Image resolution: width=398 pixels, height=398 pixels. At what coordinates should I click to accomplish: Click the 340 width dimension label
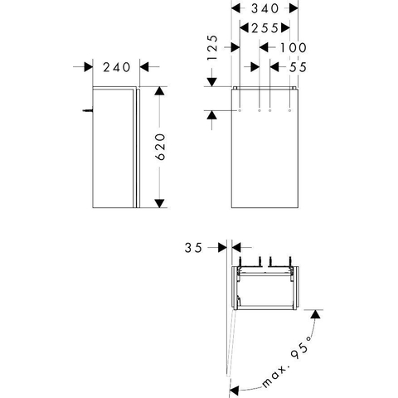pyautogui.click(x=265, y=8)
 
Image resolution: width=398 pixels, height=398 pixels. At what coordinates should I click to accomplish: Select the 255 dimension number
pyautogui.click(x=265, y=28)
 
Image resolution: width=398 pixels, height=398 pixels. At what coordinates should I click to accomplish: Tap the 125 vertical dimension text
pyautogui.click(x=212, y=47)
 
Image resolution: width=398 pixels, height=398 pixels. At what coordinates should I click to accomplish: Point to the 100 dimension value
pyautogui.click(x=294, y=47)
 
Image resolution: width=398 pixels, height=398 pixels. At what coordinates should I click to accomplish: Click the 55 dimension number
pyautogui.click(x=298, y=67)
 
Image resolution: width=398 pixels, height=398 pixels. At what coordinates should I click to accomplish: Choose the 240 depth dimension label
pyautogui.click(x=116, y=67)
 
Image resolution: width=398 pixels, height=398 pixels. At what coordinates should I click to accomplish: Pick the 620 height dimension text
pyautogui.click(x=160, y=147)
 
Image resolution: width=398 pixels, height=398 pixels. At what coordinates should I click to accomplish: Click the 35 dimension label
pyautogui.click(x=193, y=248)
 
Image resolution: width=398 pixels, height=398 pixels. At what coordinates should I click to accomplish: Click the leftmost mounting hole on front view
pyautogui.click(x=240, y=110)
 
